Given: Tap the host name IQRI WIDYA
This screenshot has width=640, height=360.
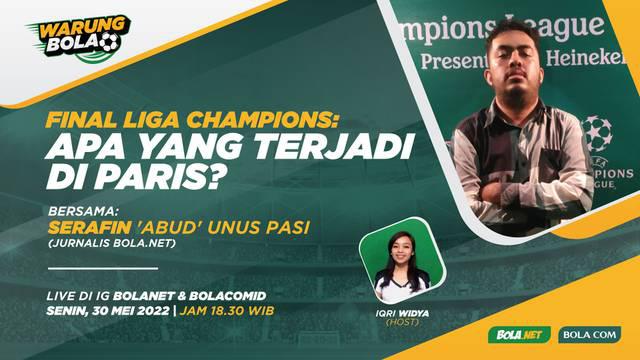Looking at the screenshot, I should pos(400,309).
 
